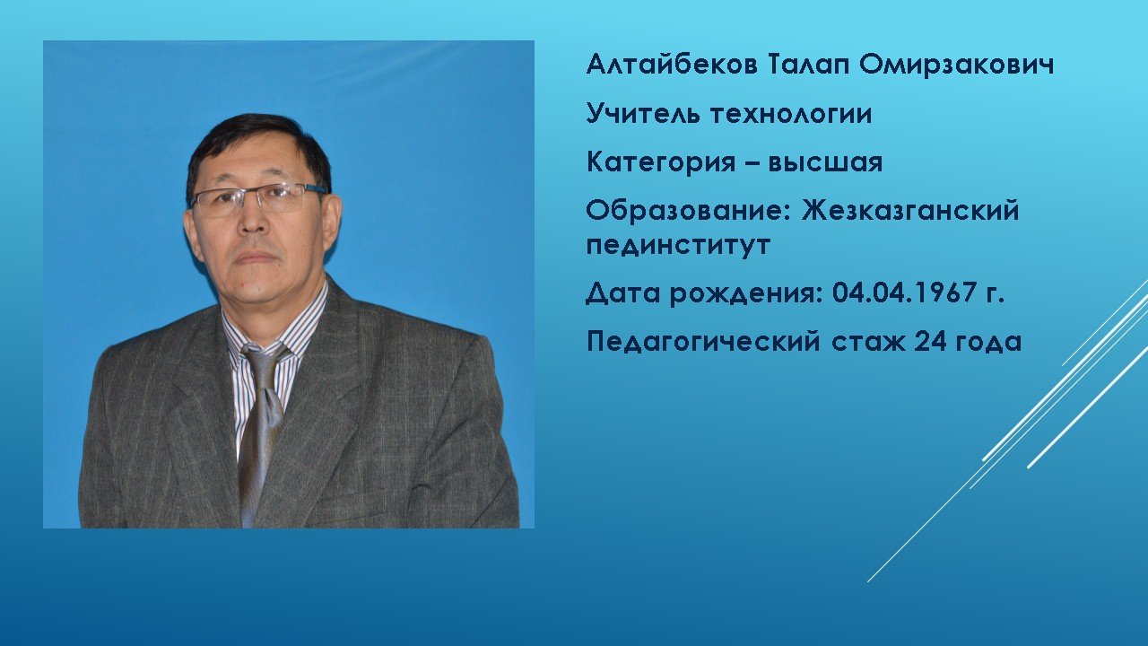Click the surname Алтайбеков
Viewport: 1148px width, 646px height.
tap(671, 65)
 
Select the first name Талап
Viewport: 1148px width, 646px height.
tap(807, 66)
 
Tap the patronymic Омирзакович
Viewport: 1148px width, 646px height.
tap(956, 65)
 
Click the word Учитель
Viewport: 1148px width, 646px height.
tap(643, 113)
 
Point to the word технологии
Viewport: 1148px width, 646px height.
tap(791, 114)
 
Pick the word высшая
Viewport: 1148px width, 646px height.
tap(825, 163)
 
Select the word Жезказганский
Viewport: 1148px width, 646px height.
tap(910, 210)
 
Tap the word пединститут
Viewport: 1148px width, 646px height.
tap(678, 245)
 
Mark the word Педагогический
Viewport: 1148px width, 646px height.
tap(703, 342)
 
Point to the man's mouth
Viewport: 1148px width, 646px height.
tap(256, 257)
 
